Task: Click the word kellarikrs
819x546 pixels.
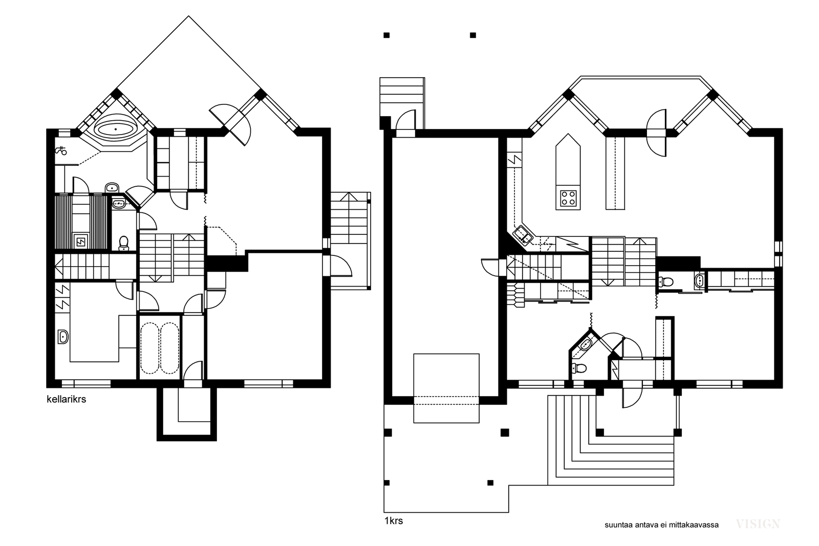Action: (x=66, y=399)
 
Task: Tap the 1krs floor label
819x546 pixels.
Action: (x=394, y=521)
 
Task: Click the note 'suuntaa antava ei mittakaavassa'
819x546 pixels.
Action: (x=661, y=525)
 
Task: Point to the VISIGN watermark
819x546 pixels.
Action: (x=758, y=523)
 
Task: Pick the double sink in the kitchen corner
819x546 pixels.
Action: (x=523, y=235)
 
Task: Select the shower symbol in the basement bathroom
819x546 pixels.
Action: (x=61, y=150)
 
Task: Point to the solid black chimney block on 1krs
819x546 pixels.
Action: (x=678, y=263)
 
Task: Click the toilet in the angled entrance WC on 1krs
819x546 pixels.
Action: (x=579, y=368)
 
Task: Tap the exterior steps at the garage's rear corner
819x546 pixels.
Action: (x=402, y=99)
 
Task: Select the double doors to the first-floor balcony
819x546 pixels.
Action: (x=657, y=133)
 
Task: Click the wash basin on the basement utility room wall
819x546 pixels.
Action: (x=63, y=337)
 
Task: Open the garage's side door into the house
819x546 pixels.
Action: (x=490, y=268)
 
